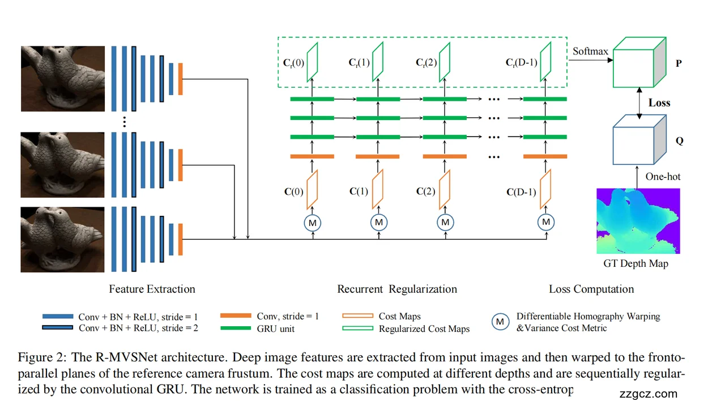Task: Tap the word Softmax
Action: [590, 51]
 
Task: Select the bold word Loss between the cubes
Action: [659, 103]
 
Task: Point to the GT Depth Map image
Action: [638, 221]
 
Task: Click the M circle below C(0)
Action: [312, 223]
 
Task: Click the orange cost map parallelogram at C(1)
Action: [378, 190]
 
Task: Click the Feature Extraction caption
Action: [152, 289]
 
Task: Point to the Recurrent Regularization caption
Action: [397, 289]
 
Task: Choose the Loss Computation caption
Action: [591, 289]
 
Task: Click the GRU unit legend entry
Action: [275, 328]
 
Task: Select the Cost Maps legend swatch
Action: [357, 316]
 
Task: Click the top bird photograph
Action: [62, 78]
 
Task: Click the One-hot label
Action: [663, 177]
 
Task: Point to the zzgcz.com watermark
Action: [649, 394]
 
